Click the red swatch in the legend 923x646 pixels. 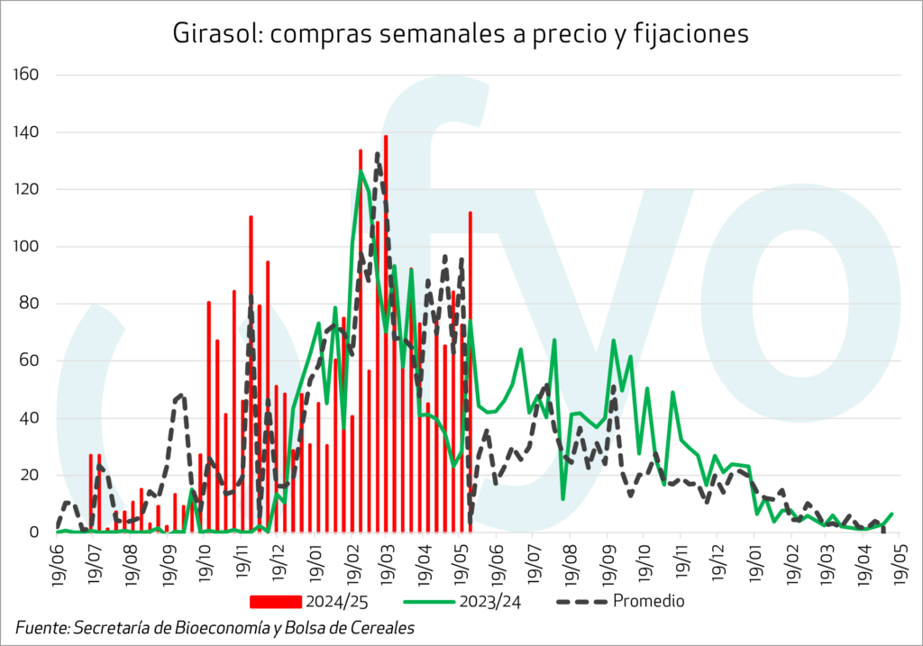pyautogui.click(x=276, y=601)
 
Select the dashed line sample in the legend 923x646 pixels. pyautogui.click(x=580, y=601)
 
